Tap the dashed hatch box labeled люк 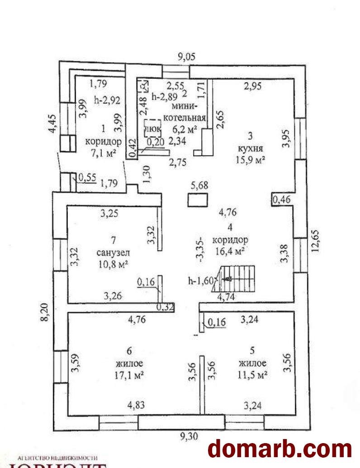(152, 128)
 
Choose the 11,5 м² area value (252, 374)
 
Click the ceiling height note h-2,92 (107, 100)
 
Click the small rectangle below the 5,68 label (197, 200)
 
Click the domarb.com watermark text (279, 449)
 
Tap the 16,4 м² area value (231, 250)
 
